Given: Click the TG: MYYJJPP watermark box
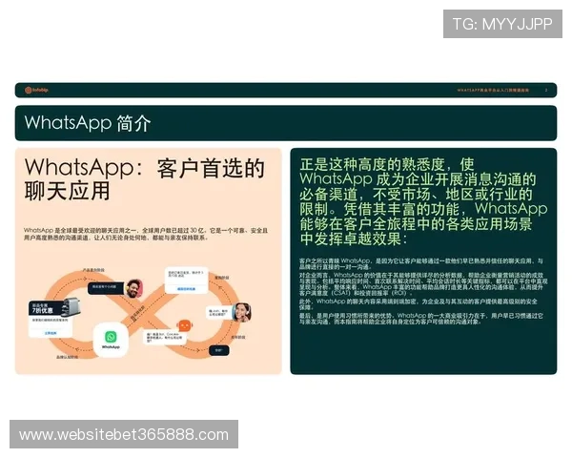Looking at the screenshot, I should click(502, 24).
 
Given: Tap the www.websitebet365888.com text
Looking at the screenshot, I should click(124, 435).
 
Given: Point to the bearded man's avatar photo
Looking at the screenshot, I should click(133, 288).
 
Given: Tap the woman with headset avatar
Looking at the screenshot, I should click(242, 312).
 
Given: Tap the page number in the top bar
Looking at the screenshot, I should click(546, 91).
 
